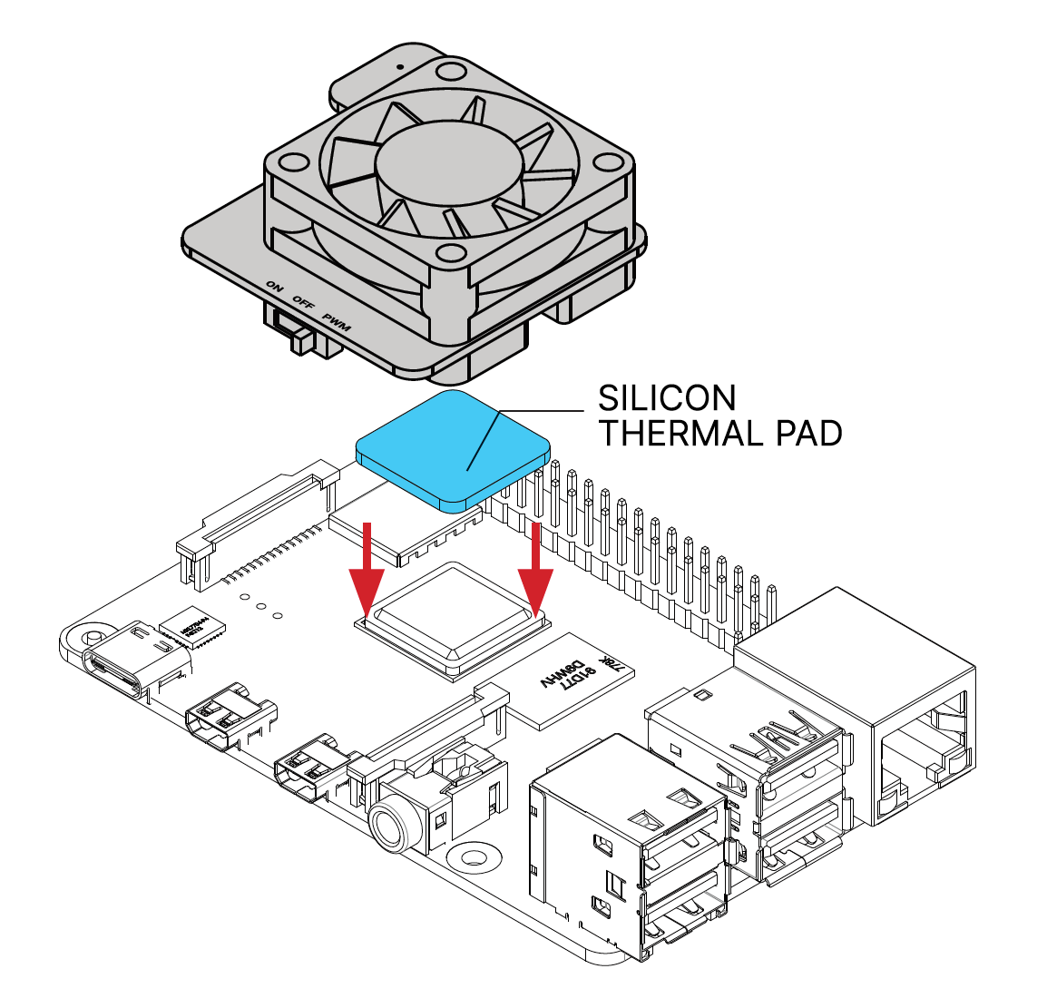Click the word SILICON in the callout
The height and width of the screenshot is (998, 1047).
tap(667, 398)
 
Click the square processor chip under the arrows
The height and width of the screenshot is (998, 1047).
tap(451, 617)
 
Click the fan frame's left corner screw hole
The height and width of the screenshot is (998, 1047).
tap(292, 163)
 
